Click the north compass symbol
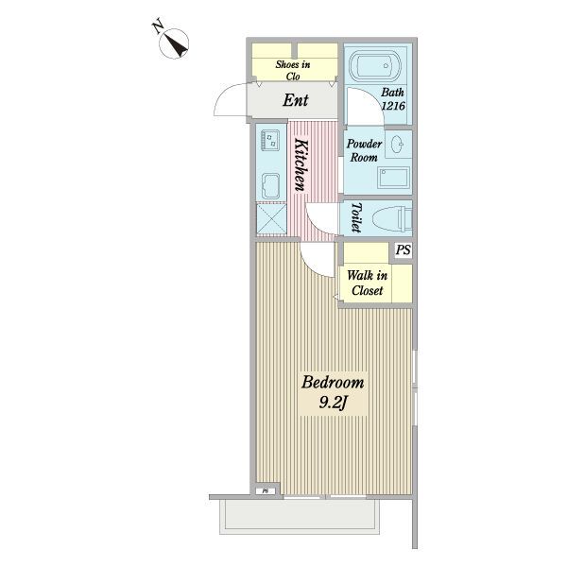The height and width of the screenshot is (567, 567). click(174, 43)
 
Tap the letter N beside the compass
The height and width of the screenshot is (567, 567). click(158, 27)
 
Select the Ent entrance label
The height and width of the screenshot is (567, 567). click(296, 100)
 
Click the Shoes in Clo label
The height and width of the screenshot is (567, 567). click(293, 71)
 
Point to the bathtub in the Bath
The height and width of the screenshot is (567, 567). click(374, 66)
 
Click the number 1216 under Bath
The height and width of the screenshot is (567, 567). click(393, 106)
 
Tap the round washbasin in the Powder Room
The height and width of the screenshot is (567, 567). click(398, 144)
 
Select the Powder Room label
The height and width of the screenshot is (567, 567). click(364, 150)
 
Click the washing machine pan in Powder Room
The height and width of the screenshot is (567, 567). click(393, 178)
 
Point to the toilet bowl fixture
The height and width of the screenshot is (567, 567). click(392, 220)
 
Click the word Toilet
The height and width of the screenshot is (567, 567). click(356, 217)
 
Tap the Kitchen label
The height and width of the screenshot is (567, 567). click(301, 164)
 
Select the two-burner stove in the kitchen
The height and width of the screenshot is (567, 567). click(270, 140)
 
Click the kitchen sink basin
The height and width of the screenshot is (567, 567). click(270, 186)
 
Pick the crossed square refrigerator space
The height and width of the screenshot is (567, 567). click(271, 219)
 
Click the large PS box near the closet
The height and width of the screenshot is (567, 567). click(403, 250)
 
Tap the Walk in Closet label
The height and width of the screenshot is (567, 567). click(367, 283)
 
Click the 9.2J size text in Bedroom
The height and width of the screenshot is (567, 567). click(333, 403)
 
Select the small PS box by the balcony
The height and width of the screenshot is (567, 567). click(266, 490)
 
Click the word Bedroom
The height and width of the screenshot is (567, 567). click(333, 383)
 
